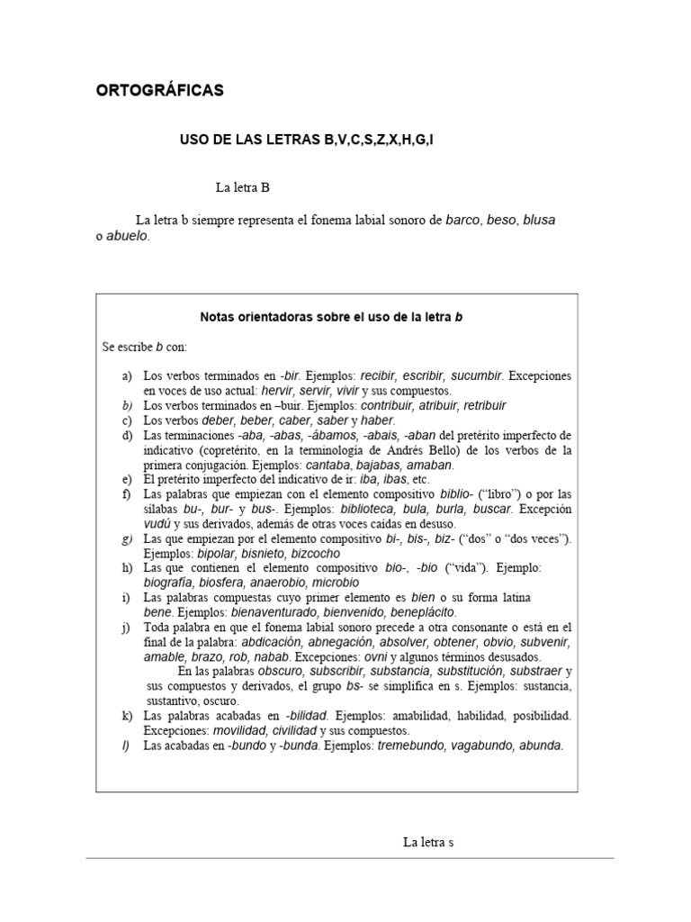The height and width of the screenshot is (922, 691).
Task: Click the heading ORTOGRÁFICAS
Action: point(160,91)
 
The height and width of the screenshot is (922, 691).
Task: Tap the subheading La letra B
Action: point(242,188)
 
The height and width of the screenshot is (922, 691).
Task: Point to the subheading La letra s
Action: point(428,843)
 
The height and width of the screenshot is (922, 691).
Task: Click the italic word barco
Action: point(463,220)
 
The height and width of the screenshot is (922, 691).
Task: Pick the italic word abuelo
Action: point(127,236)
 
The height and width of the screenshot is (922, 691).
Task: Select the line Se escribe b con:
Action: point(144,346)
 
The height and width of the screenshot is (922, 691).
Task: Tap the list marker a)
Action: point(127,375)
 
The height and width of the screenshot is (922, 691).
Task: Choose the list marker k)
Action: point(127,715)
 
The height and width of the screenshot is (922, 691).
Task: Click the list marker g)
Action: point(127,538)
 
